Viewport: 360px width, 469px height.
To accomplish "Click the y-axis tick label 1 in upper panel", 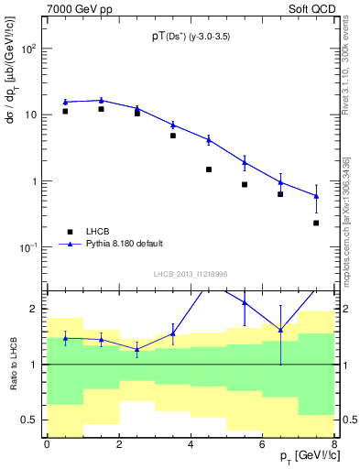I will [35, 181].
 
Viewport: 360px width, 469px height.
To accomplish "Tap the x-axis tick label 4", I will [190, 445].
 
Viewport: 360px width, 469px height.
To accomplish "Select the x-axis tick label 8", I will [333, 445].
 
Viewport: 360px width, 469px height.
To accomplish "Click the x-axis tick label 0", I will [47, 445].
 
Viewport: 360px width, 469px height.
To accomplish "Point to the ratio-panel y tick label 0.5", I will [30, 420].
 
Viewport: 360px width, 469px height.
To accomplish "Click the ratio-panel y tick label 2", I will [35, 309].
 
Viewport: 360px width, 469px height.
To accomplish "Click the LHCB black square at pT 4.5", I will [209, 169].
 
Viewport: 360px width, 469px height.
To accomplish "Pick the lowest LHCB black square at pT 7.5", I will [316, 223].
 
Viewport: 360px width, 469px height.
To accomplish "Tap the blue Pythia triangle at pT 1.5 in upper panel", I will [101, 100].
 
